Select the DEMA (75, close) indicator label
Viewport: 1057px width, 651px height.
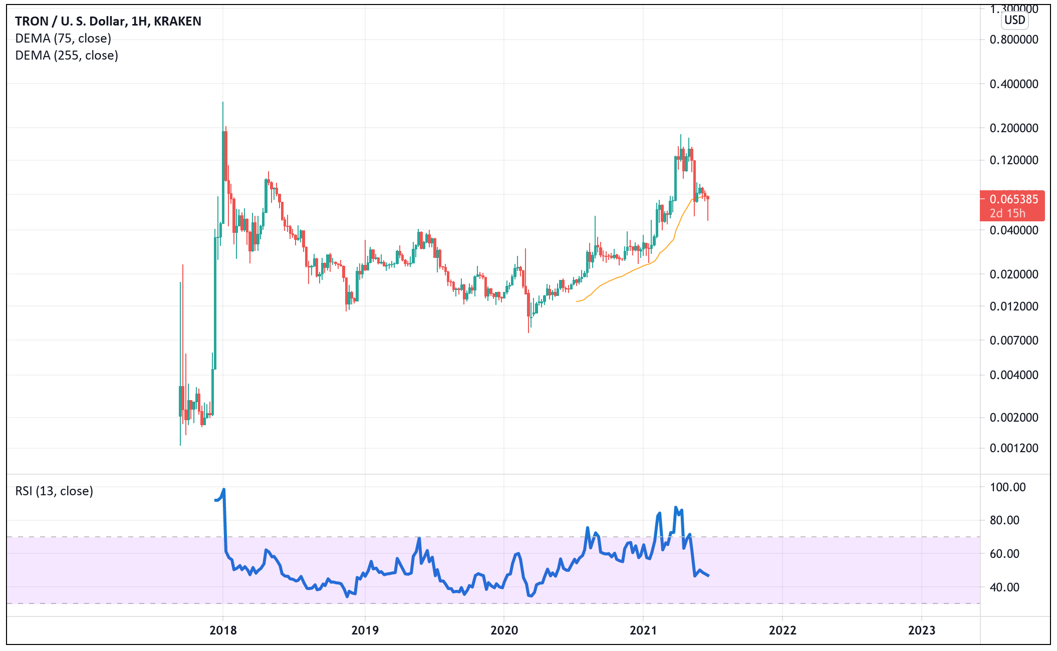pos(63,39)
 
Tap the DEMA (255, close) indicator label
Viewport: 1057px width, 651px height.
pos(67,56)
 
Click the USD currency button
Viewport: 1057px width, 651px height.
pos(1014,20)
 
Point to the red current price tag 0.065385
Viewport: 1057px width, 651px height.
pos(1013,199)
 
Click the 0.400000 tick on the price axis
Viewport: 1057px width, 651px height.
pos(1013,84)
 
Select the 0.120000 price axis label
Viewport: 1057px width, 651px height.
pos(1013,160)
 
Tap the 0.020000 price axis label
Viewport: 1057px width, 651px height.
pos(1013,274)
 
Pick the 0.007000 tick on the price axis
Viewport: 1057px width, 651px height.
pos(1013,341)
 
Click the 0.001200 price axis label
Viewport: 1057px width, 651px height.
pos(1013,448)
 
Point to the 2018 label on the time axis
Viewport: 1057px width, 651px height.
pos(223,630)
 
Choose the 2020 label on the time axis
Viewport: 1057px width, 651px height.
pos(504,630)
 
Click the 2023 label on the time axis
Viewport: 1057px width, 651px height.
pos(921,630)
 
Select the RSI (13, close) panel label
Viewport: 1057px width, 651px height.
pos(54,491)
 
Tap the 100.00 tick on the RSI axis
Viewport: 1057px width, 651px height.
pos(1007,487)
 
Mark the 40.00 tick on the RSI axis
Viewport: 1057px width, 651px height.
pos(1004,587)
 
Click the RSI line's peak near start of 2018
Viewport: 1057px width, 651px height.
pos(223,489)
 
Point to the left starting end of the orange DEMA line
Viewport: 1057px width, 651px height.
pos(577,301)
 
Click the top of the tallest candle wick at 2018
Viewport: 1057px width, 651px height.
pos(223,102)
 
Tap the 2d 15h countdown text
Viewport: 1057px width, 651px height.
pos(1007,213)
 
